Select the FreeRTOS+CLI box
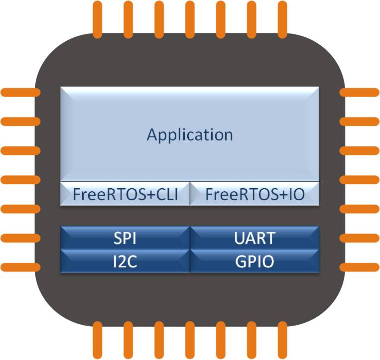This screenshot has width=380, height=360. click(x=125, y=194)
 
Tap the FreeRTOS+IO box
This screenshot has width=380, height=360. click(x=254, y=194)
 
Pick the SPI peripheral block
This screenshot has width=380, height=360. click(x=125, y=238)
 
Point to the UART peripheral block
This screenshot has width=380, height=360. click(x=254, y=238)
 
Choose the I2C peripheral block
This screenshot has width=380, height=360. click(x=125, y=261)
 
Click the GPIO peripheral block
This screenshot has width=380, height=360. click(x=254, y=261)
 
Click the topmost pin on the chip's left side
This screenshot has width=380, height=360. click(x=20, y=92)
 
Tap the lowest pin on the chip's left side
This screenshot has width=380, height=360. click(x=20, y=266)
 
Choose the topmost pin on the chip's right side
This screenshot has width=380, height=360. click(x=360, y=92)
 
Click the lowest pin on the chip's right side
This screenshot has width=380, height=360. click(x=360, y=266)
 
